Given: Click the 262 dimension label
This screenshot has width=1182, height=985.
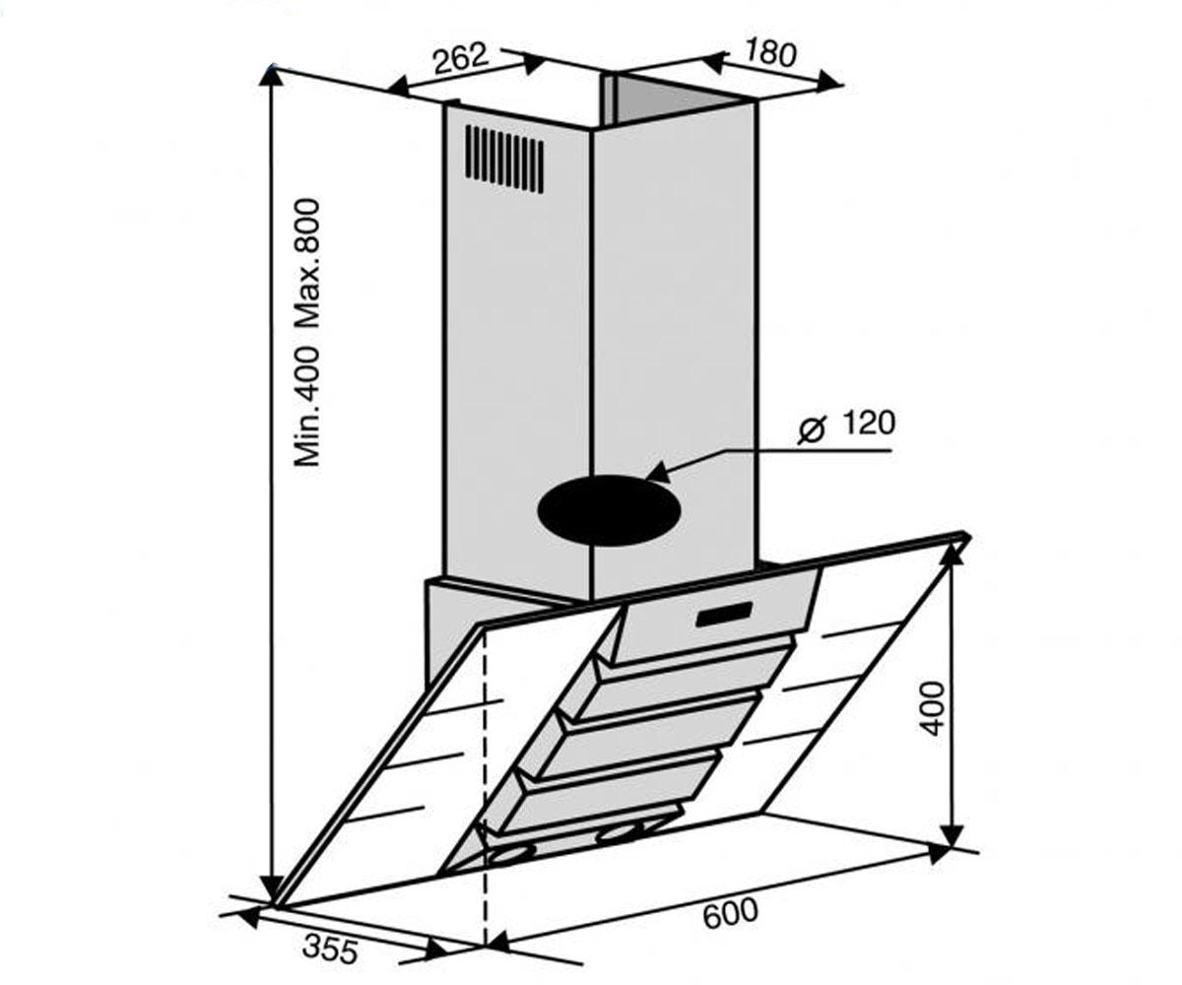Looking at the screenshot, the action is pos(460,58).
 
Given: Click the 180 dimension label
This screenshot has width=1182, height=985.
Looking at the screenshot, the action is pos(770,54).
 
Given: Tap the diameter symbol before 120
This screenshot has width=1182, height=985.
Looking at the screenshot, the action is pos(813,430).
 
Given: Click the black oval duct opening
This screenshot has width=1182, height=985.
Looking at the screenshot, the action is pos(609,509).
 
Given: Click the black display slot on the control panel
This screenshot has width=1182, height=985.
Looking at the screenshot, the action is pos(723,614).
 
